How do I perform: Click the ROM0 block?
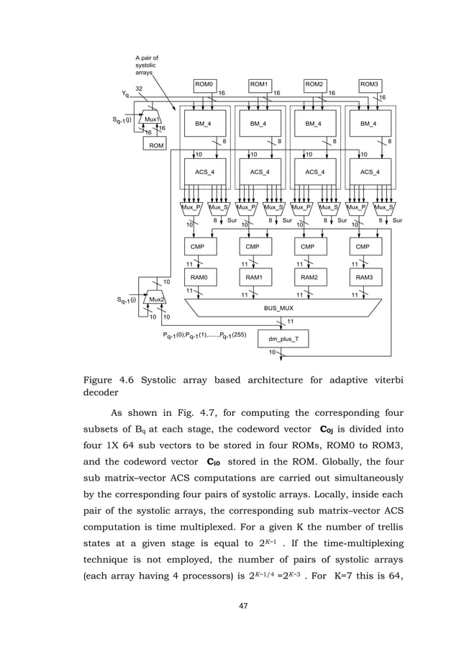204,84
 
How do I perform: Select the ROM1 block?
259,84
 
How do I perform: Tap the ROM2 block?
314,84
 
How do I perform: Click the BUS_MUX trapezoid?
285,307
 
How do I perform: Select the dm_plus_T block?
284,337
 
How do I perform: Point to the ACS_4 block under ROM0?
204,172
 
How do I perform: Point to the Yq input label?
125,93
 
